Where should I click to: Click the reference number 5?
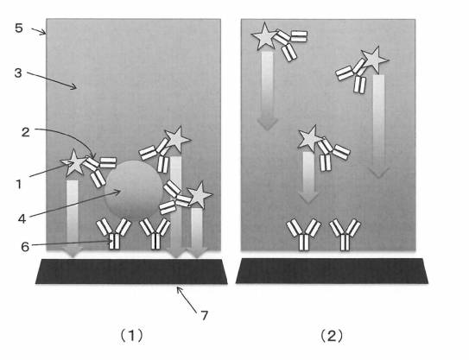tap(18, 28)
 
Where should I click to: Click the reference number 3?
tap(18, 73)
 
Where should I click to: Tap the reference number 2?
tap(25, 132)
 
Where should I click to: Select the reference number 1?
tap(18, 184)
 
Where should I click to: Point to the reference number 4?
tap(22, 218)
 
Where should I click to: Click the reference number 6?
tap(25, 247)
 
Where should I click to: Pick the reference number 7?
tap(204, 315)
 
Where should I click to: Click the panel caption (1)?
tap(131, 336)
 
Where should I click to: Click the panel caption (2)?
tap(332, 336)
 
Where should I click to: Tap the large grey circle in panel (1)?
tap(134, 191)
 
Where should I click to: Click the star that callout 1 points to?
tap(73, 163)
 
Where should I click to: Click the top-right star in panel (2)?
tap(375, 60)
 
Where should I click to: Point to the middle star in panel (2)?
tap(310, 139)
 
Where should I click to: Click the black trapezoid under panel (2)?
tap(332, 271)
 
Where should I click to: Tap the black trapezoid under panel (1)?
tap(131, 271)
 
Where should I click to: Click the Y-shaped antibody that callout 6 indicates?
tap(114, 234)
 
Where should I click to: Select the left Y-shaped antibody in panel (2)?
tap(303, 235)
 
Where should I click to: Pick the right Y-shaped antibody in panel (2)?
tap(345, 235)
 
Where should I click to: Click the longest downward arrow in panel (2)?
tap(378, 126)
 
